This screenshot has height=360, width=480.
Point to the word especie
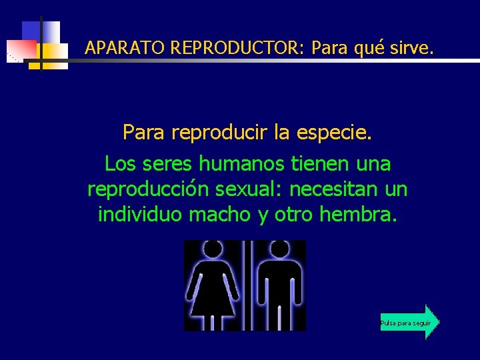click(x=334, y=133)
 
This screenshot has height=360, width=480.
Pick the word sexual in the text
click(x=249, y=189)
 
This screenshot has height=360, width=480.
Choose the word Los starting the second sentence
click(x=120, y=163)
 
